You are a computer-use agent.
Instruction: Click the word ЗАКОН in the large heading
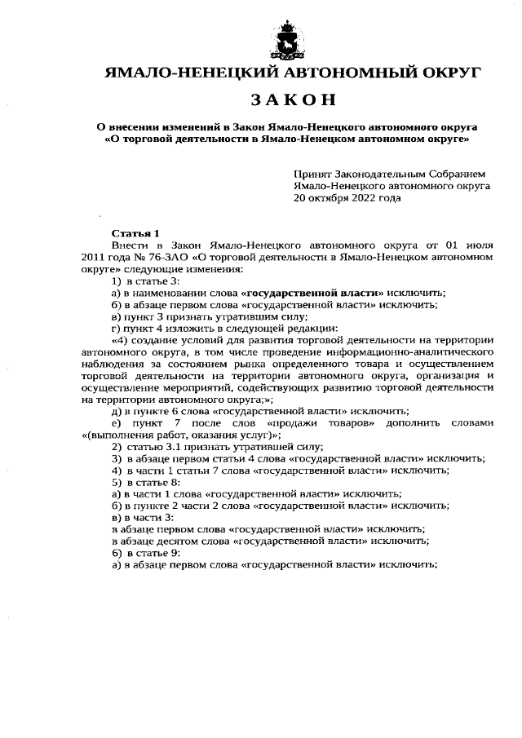[x=293, y=99]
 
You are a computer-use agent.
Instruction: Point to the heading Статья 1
[x=130, y=232]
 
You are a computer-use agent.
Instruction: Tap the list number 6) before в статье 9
[x=117, y=552]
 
